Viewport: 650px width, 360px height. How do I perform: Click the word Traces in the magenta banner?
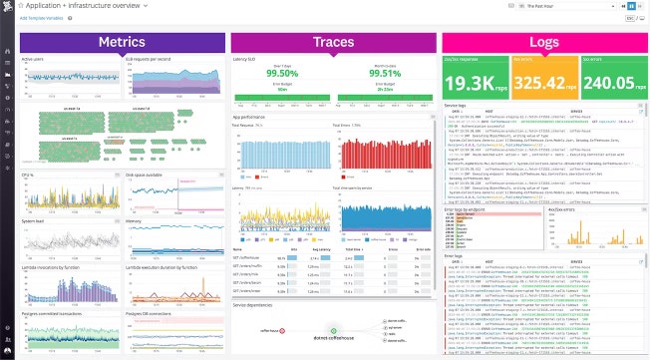[x=334, y=42]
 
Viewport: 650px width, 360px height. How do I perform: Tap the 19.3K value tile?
[x=475, y=81]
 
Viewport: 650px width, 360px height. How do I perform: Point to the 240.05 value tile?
[x=609, y=81]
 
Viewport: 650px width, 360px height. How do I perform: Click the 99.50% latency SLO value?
[x=281, y=72]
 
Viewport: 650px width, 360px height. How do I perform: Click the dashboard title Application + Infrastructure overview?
[x=80, y=6]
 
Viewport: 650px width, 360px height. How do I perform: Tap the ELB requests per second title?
[x=147, y=59]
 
